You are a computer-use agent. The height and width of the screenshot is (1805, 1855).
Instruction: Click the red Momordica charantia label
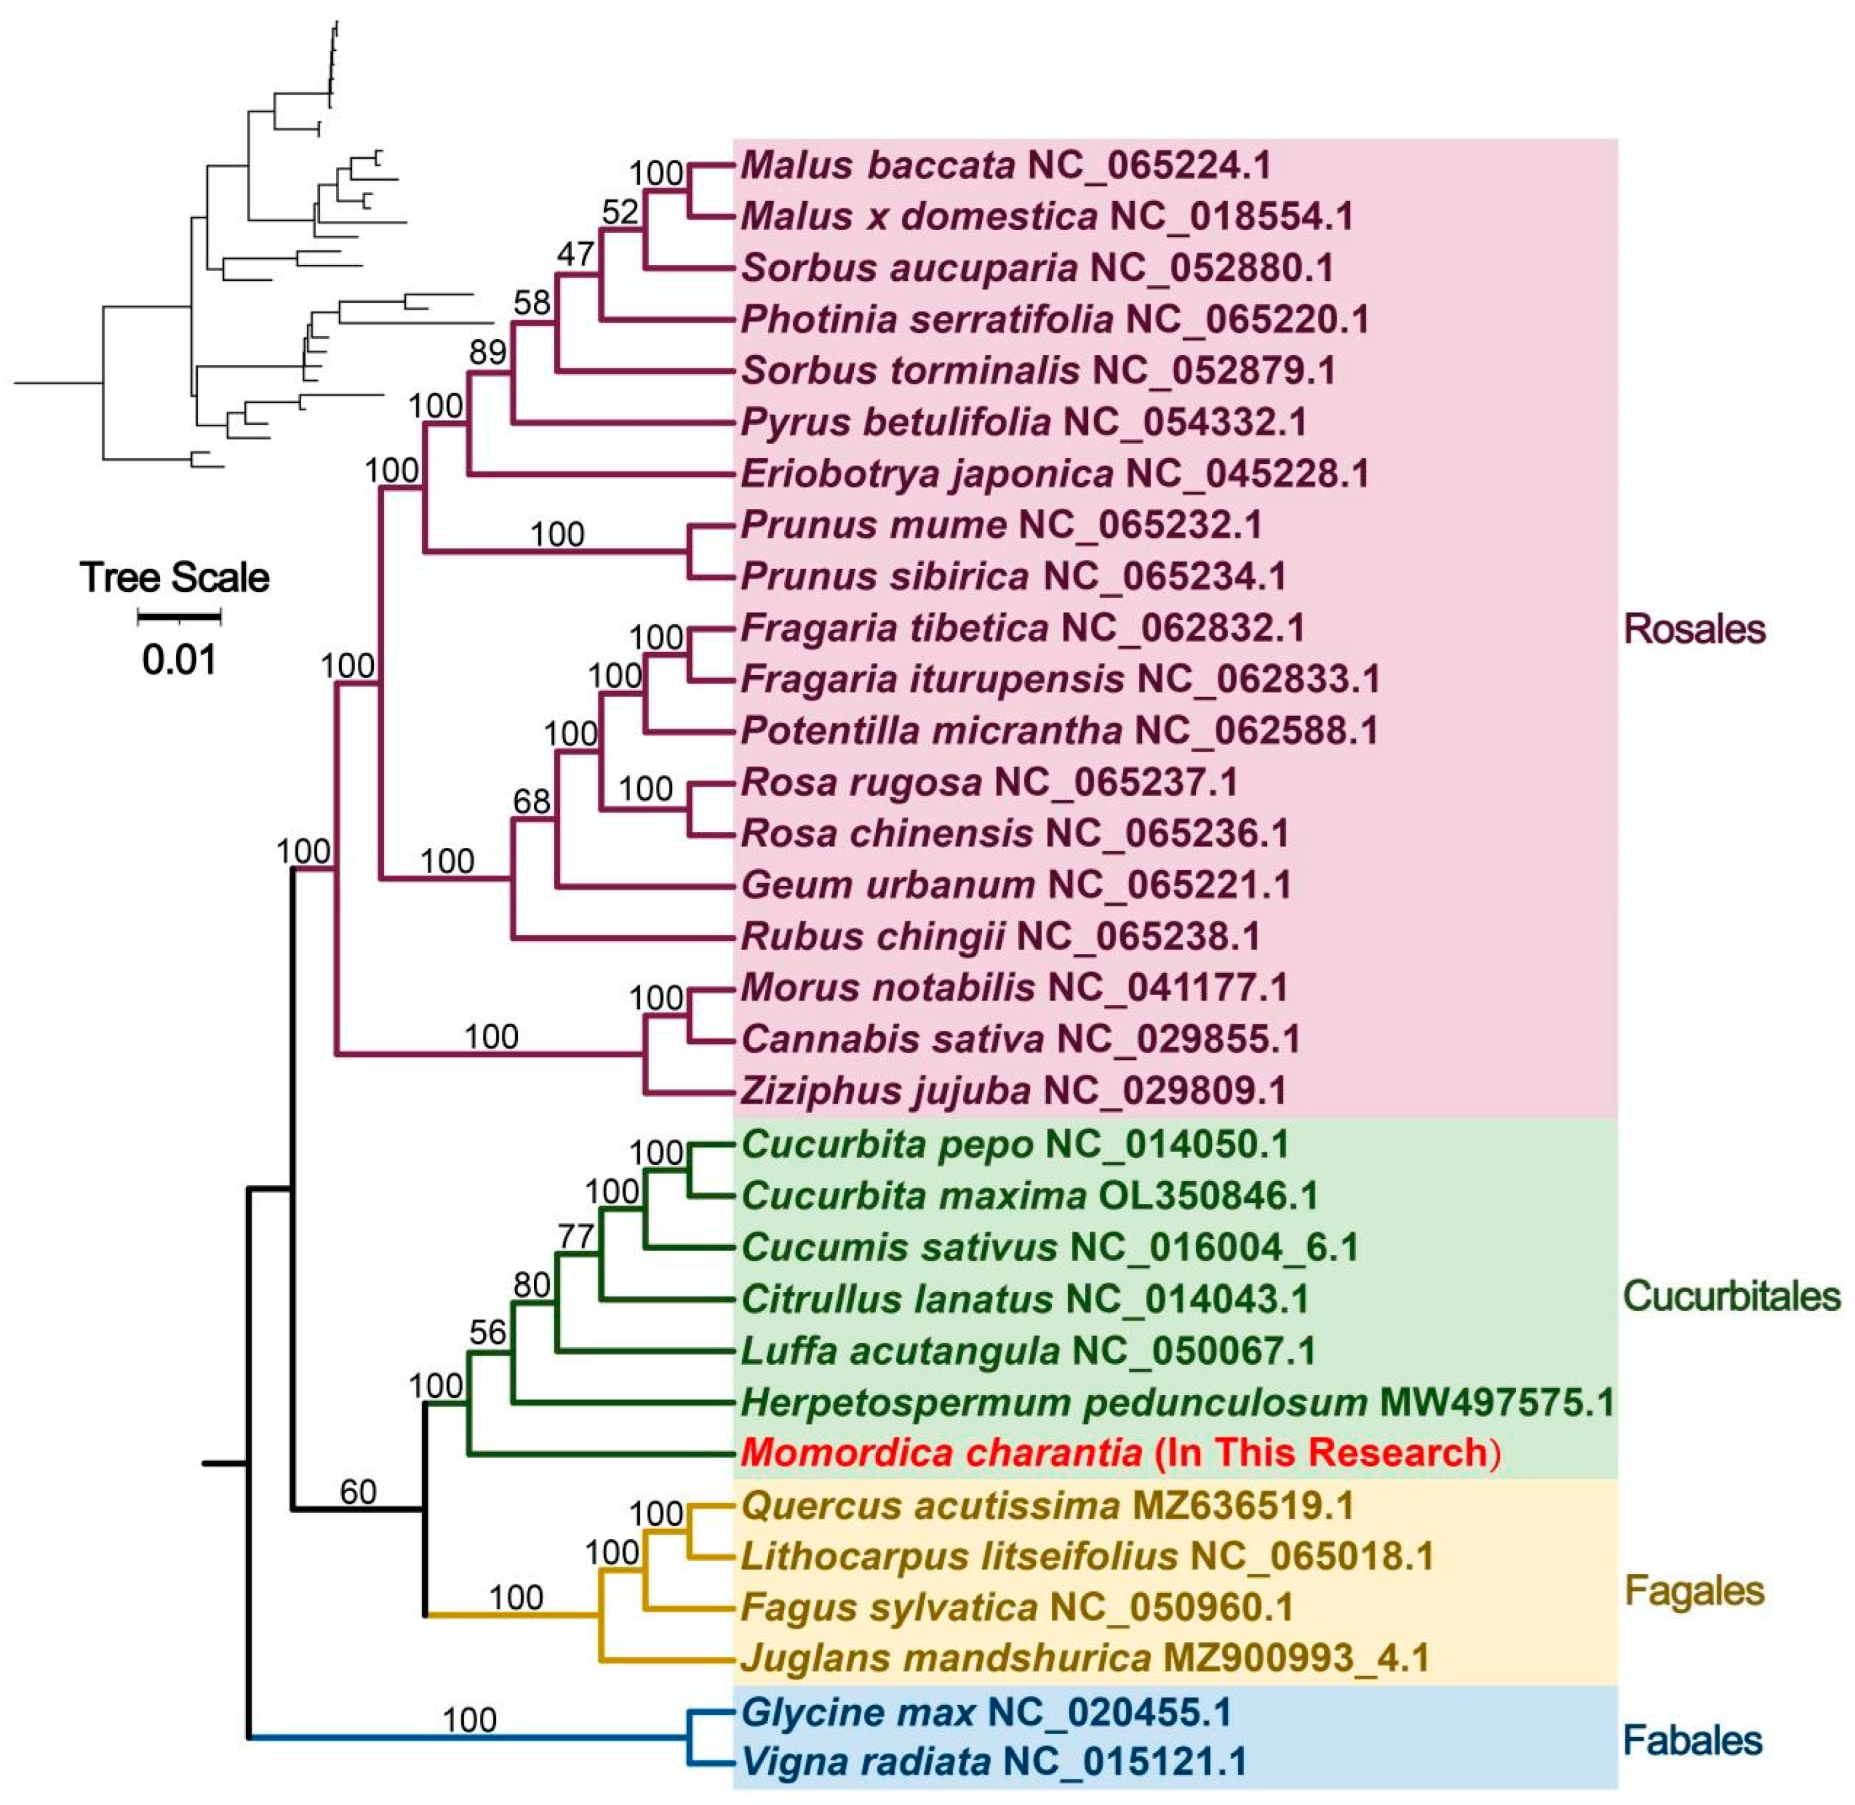(1119, 1452)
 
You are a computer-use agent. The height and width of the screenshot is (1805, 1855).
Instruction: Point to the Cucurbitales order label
(1731, 1296)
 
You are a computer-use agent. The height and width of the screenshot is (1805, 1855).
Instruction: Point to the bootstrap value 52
(620, 212)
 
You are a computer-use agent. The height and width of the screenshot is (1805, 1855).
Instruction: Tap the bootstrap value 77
(576, 1236)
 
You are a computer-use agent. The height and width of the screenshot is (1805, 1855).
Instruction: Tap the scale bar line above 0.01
(179, 617)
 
